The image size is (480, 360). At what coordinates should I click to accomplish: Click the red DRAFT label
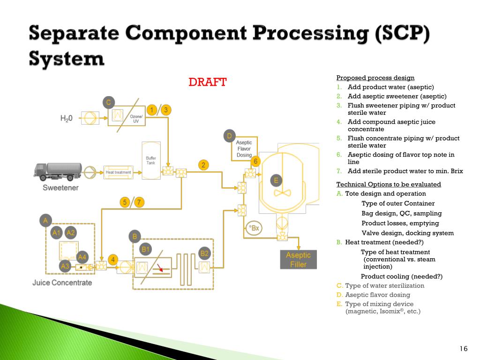click(x=207, y=82)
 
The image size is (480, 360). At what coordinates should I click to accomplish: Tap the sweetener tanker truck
click(x=57, y=171)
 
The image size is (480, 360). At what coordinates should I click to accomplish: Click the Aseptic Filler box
click(x=298, y=260)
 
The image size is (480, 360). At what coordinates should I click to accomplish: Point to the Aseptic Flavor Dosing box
click(x=244, y=149)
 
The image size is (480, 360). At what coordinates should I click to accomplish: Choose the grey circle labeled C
click(x=108, y=102)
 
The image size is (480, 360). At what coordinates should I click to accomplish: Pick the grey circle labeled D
click(x=229, y=136)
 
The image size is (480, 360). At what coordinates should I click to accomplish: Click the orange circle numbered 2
click(x=203, y=165)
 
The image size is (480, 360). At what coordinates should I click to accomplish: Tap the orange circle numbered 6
click(x=255, y=161)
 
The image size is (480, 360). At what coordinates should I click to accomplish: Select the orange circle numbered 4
click(x=112, y=259)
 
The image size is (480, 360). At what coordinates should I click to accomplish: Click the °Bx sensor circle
click(x=254, y=228)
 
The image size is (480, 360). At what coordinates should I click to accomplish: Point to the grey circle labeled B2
click(x=204, y=254)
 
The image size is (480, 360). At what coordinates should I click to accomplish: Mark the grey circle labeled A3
click(x=65, y=266)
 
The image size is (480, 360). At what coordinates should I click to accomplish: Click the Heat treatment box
click(x=118, y=172)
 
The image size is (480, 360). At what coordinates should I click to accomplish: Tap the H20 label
click(x=67, y=119)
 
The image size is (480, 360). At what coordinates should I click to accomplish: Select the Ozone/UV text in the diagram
click(x=137, y=119)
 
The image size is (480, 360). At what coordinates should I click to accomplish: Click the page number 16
click(x=464, y=348)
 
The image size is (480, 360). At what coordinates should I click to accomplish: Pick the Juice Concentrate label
click(x=62, y=283)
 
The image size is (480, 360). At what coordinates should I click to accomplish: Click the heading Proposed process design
click(x=375, y=78)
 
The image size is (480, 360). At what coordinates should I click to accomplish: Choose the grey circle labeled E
click(x=276, y=180)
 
